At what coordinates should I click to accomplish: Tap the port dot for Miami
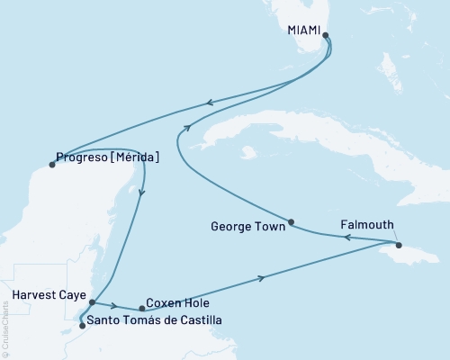326,37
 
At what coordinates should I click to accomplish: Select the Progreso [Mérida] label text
108,157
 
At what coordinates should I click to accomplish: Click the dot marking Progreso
51,164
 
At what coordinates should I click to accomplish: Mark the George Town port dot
291,221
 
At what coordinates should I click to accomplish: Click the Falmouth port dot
397,243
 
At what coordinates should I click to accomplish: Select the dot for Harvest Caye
92,303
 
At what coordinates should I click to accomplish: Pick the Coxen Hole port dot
142,310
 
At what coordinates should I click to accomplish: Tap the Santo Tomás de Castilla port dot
82,326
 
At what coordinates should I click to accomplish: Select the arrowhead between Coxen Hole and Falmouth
262,277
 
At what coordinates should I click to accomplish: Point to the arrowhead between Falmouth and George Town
346,238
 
